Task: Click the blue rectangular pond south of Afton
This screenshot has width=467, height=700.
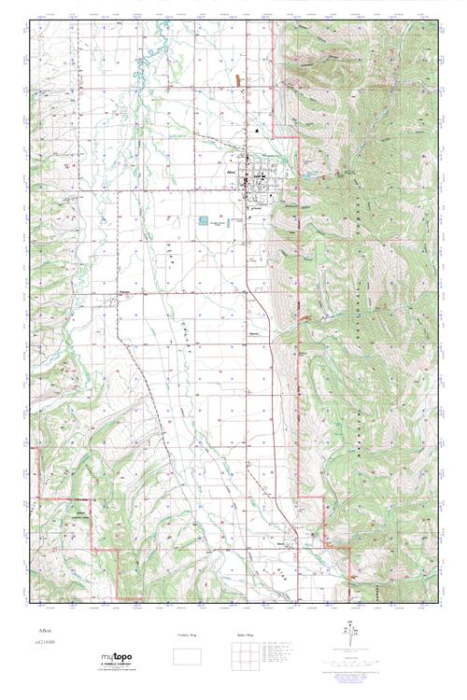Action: pyautogui.click(x=204, y=222)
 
